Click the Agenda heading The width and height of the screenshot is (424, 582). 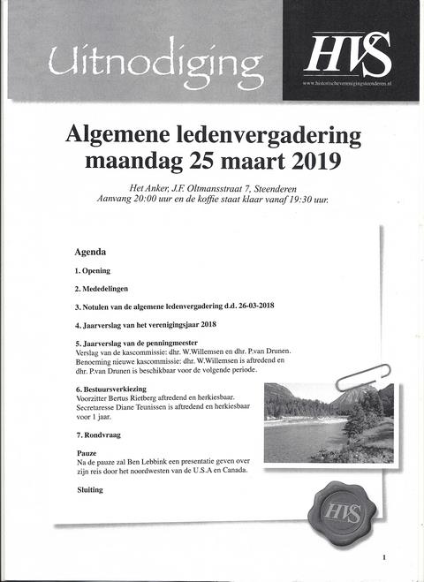click(x=91, y=251)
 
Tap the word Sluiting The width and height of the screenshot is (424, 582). click(x=89, y=488)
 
